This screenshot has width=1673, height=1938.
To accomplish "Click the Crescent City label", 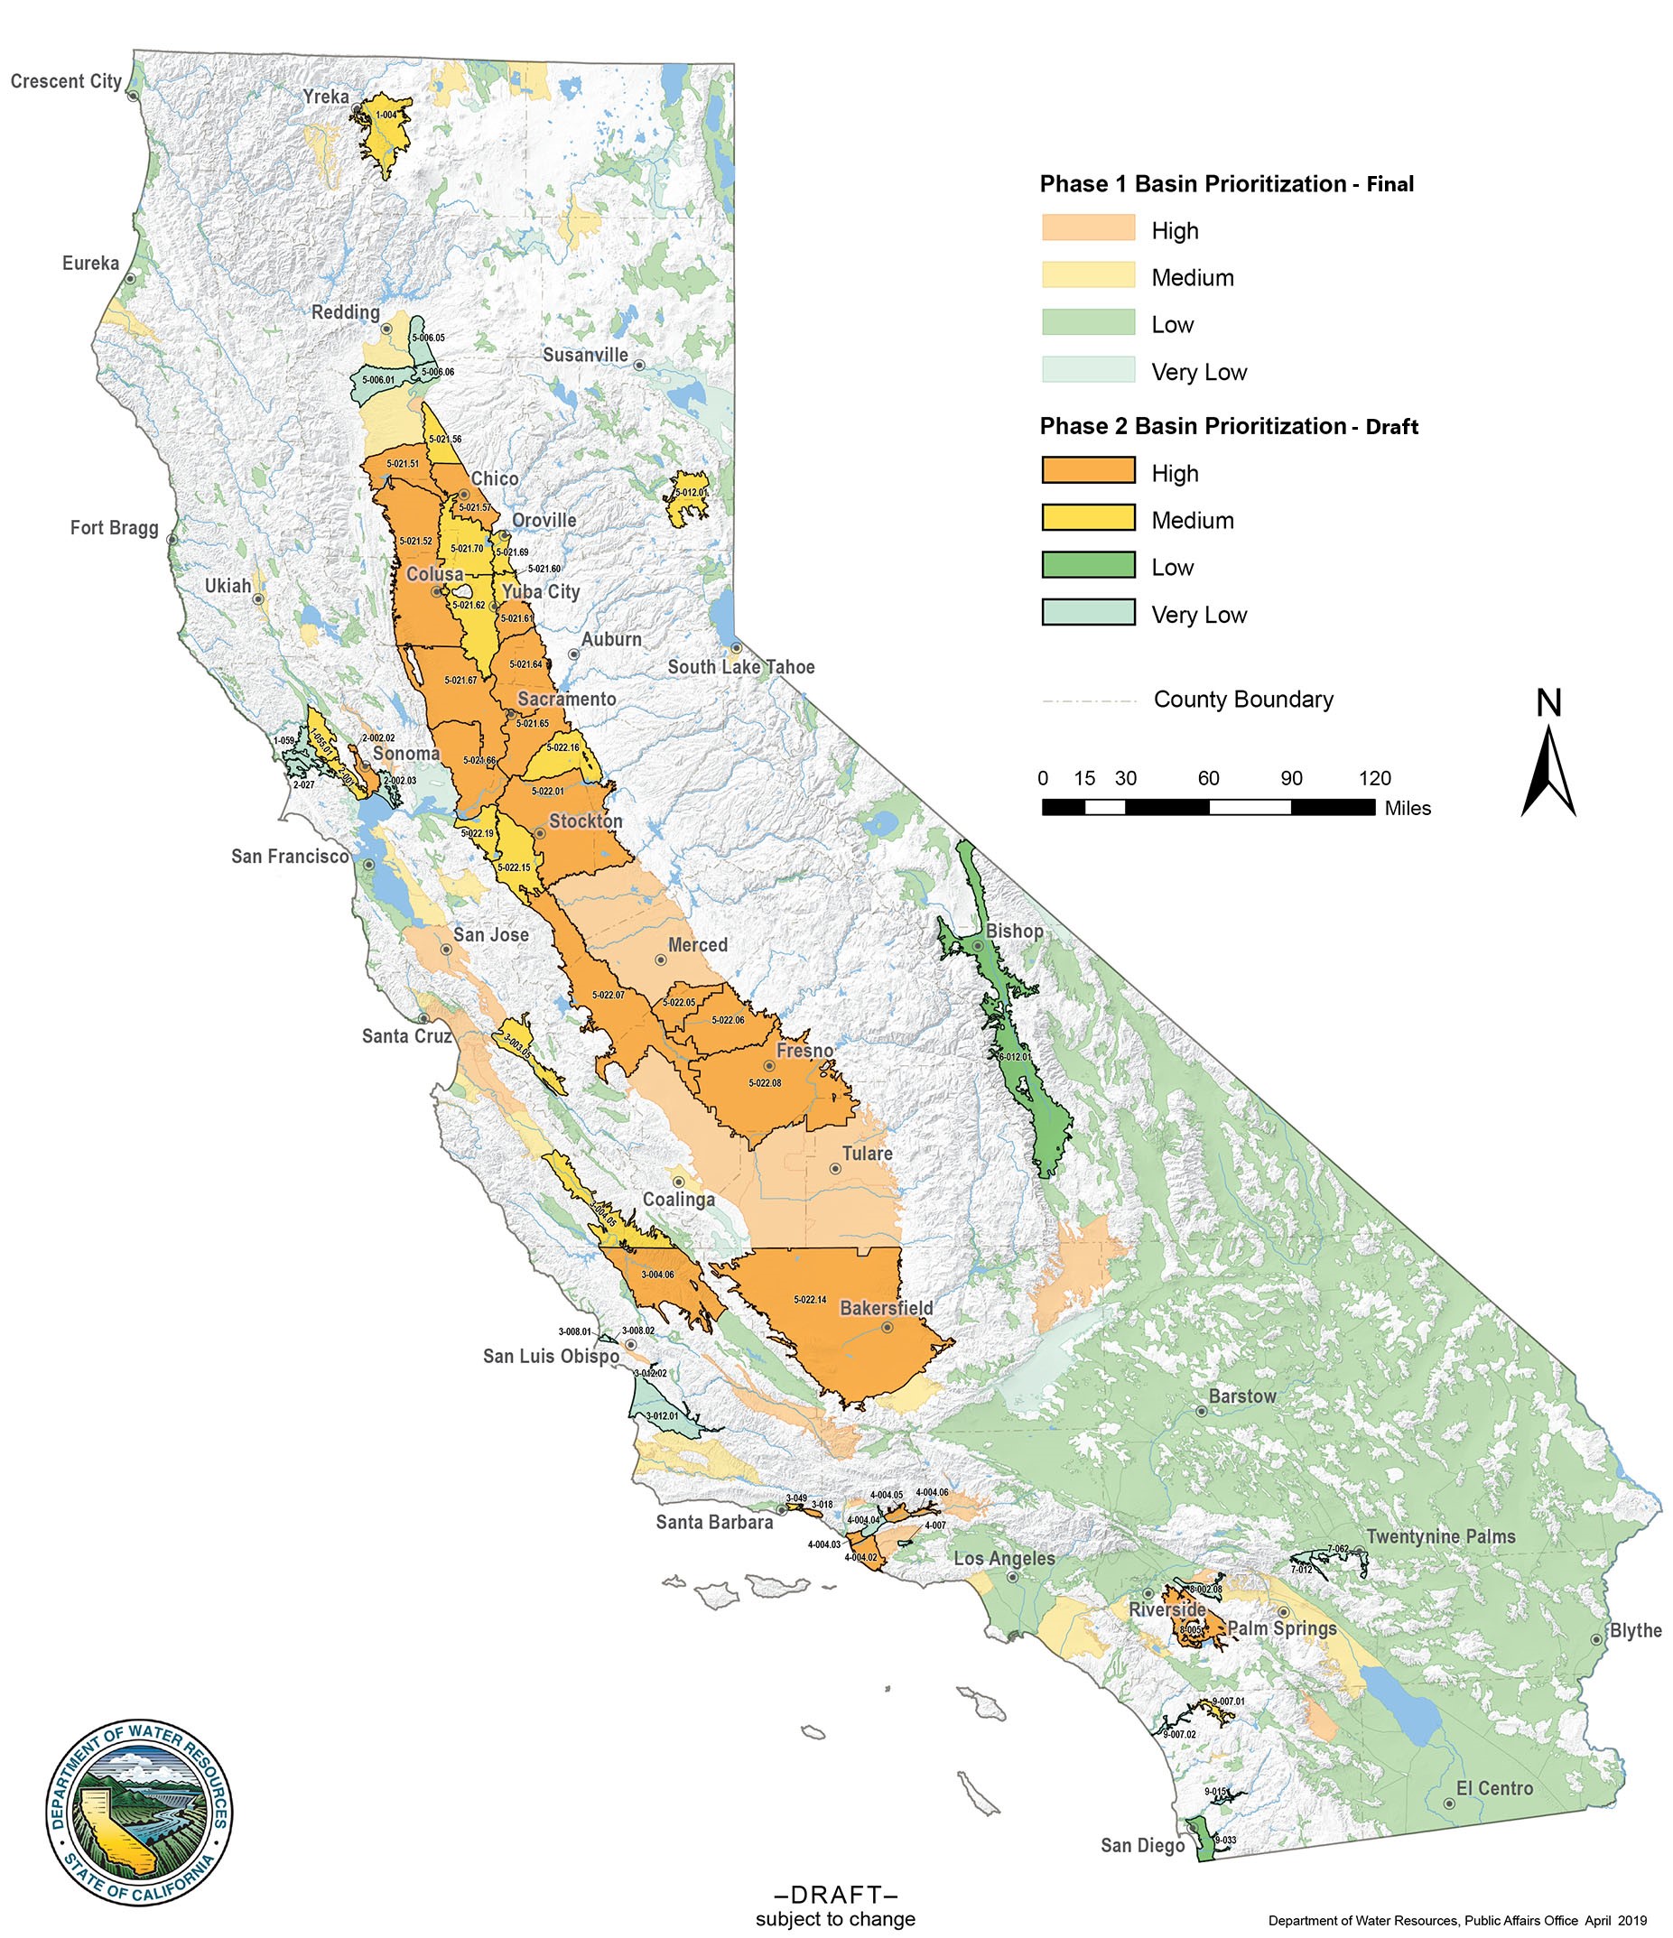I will [x=66, y=81].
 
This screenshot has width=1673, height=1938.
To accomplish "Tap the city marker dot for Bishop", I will [x=977, y=946].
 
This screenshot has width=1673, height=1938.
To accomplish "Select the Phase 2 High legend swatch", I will [x=1088, y=469].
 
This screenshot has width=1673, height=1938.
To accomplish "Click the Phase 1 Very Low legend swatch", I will [x=1088, y=369].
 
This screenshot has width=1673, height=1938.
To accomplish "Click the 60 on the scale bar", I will [x=1208, y=778].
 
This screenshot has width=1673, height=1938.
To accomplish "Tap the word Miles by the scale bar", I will [x=1408, y=808].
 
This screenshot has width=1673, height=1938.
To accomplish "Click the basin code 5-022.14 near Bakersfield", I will [x=809, y=1299].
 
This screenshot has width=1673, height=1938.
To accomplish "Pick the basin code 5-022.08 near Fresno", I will [x=765, y=1083].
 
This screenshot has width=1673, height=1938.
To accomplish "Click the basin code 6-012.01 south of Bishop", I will [x=1013, y=1056].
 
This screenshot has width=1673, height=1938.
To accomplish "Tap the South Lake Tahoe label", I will [x=741, y=667].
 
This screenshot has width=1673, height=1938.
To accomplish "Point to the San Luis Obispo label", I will [x=551, y=1355].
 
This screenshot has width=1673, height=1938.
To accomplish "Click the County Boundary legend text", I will [x=1242, y=700].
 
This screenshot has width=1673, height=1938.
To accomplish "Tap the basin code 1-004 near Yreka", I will [x=386, y=115].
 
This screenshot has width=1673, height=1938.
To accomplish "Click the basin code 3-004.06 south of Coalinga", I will [x=657, y=1274].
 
